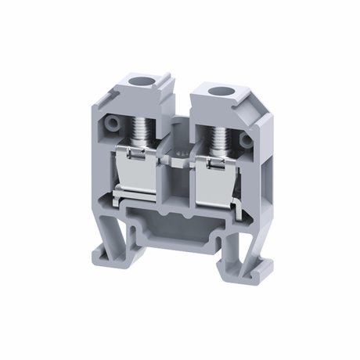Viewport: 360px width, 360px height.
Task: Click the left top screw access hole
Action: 145,80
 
